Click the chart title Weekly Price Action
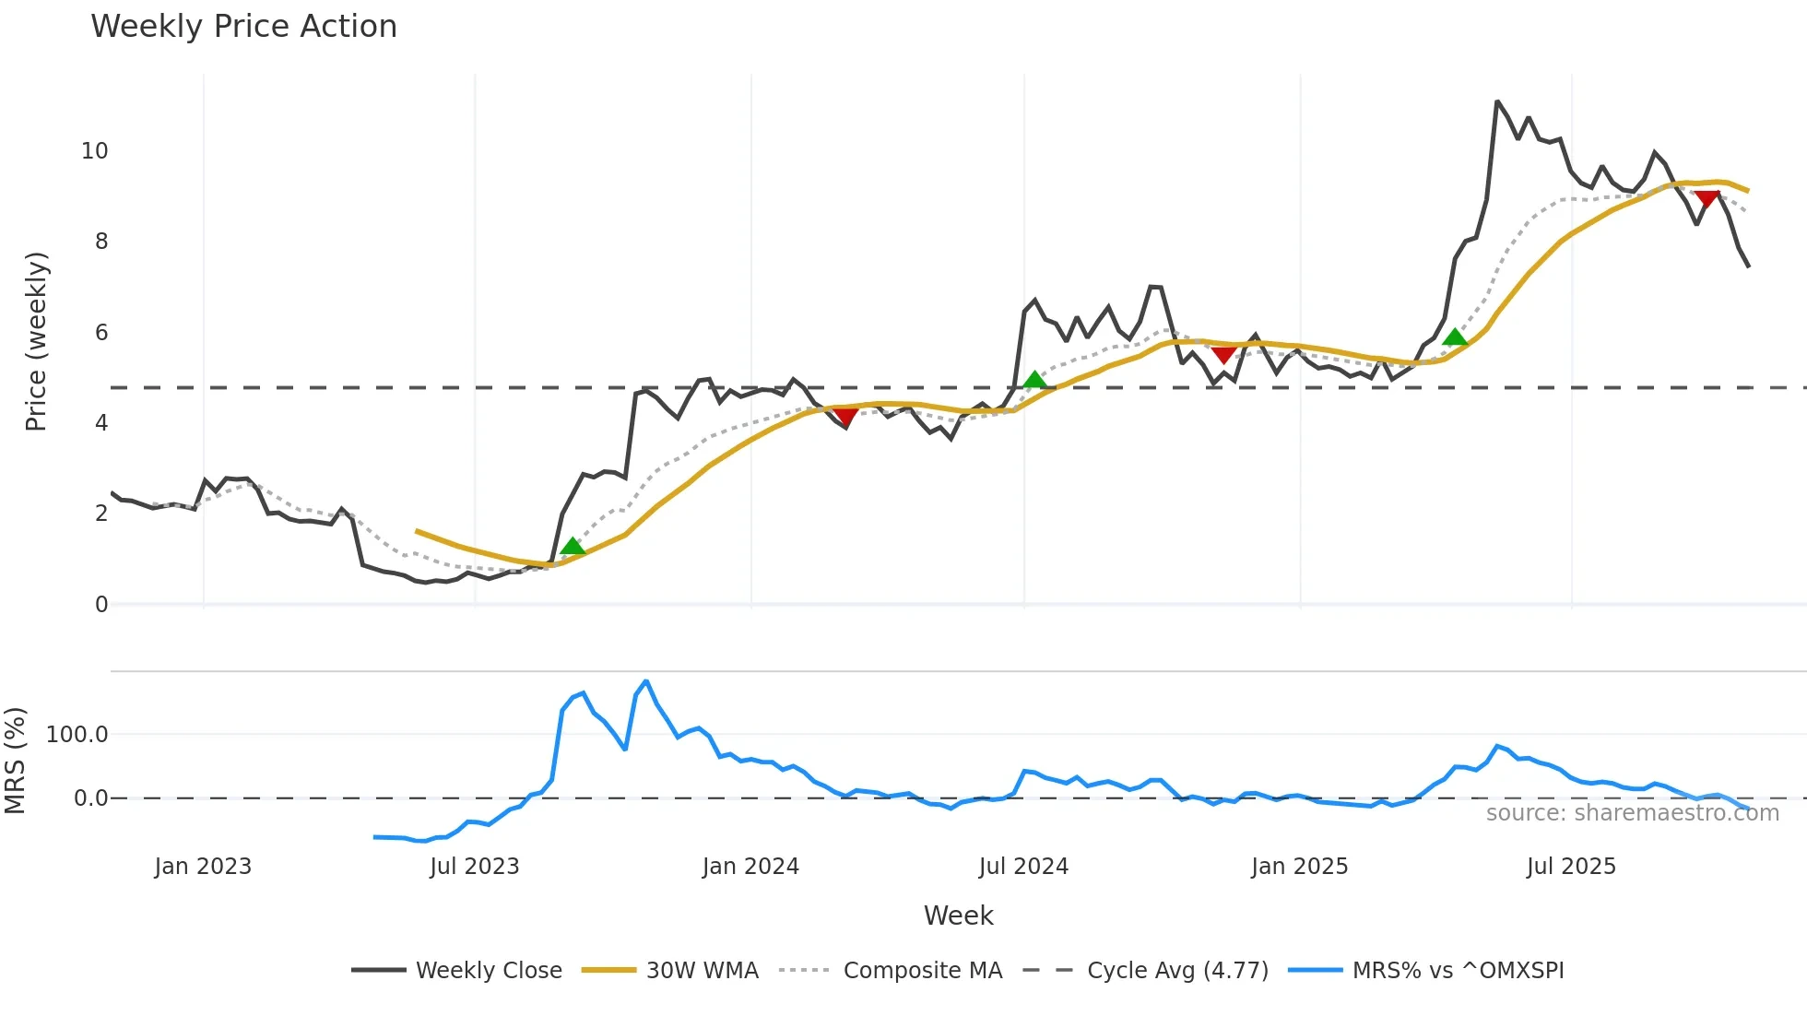click(243, 27)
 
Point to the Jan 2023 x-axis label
click(203, 867)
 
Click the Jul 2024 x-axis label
click(1023, 867)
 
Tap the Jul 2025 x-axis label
click(1571, 867)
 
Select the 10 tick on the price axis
click(95, 151)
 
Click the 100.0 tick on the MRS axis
click(77, 735)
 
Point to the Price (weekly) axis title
click(36, 341)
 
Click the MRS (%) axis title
click(15, 761)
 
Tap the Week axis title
click(958, 916)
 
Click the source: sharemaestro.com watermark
click(1632, 813)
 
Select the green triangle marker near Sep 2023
click(573, 547)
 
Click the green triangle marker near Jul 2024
click(1034, 380)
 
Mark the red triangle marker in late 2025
click(1707, 199)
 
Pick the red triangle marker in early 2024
click(844, 417)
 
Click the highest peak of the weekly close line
click(1497, 101)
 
